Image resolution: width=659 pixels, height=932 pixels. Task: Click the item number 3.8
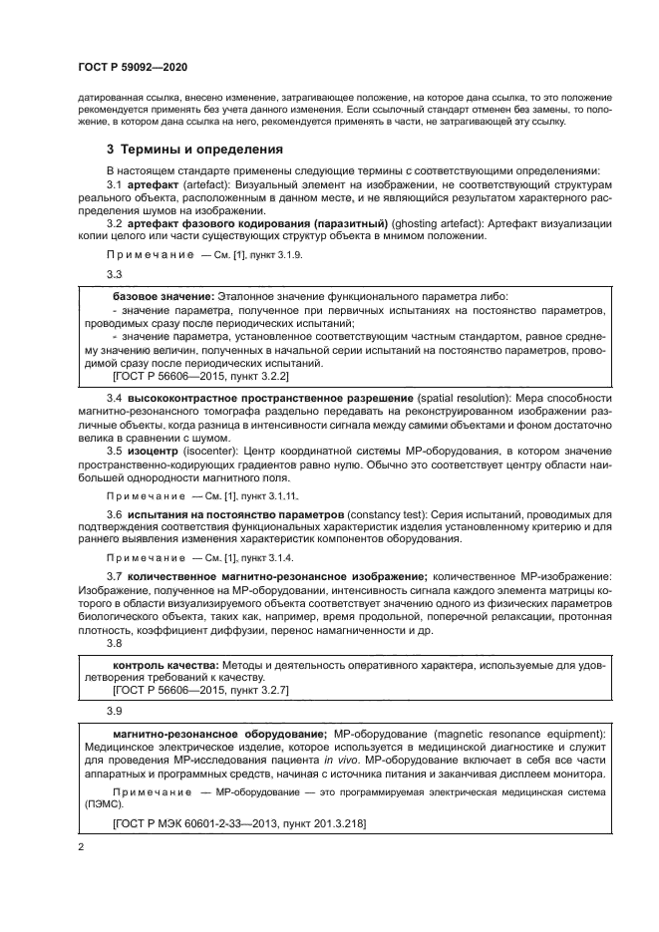[x=114, y=643]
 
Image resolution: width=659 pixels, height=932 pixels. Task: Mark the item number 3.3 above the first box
[x=114, y=275]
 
